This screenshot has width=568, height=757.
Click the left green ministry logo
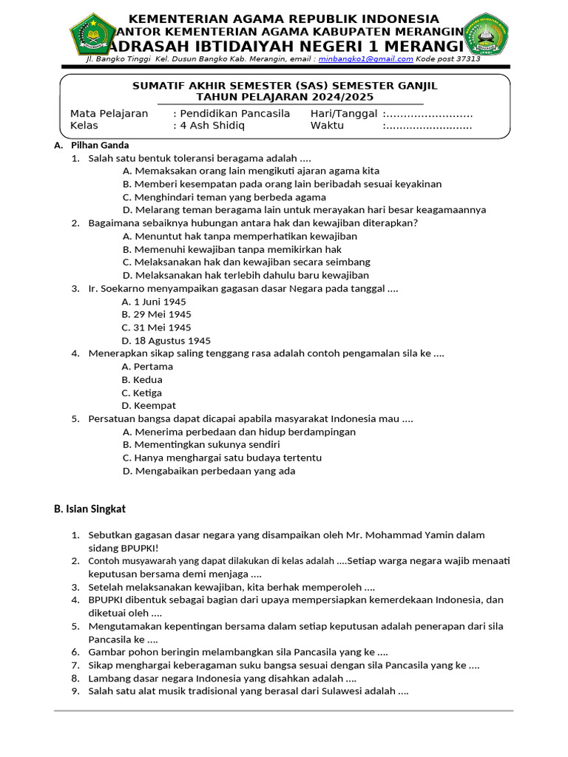92,34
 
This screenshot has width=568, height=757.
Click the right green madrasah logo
485,34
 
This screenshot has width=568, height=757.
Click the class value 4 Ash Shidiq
212,126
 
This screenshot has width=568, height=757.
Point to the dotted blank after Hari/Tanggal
428,114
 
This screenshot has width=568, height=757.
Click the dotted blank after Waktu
428,126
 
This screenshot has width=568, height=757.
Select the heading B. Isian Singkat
89,509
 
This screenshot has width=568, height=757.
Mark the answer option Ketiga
148,393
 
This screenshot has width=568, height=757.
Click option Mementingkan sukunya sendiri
206,445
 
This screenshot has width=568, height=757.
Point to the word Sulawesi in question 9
348,691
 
